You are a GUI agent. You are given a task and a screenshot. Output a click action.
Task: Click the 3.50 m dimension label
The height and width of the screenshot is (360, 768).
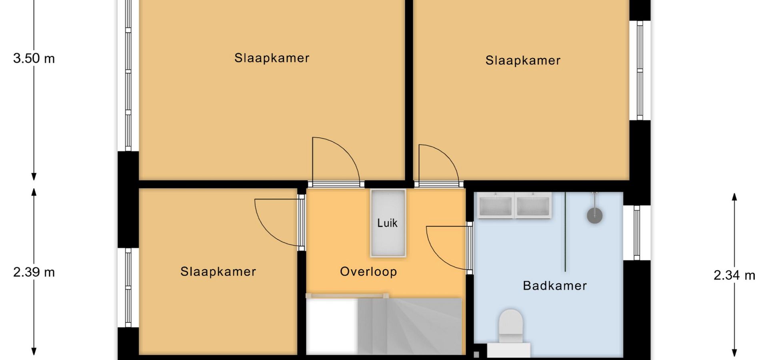coord(34,58)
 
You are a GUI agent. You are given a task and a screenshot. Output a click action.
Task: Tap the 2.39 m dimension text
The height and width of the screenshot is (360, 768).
coord(34,272)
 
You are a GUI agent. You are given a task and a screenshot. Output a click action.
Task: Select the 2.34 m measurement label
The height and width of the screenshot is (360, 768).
coord(734,275)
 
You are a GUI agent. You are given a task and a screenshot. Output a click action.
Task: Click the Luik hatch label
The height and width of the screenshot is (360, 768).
coord(387,223)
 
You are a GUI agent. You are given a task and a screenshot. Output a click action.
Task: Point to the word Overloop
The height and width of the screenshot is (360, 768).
coord(368,272)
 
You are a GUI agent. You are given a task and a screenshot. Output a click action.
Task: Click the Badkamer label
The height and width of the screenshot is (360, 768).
coord(555,286)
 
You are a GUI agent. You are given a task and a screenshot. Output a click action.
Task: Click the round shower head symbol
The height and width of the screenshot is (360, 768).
coord(595,215)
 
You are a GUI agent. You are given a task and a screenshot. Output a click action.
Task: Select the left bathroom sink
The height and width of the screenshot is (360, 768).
coord(496,205)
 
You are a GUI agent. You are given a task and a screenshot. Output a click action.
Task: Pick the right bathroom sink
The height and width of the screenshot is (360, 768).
coord(533,205)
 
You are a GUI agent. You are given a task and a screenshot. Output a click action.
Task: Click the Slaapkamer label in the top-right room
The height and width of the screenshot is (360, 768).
coord(523,60)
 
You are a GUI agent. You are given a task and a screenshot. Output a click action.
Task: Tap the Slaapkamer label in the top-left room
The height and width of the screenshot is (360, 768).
coord(272,58)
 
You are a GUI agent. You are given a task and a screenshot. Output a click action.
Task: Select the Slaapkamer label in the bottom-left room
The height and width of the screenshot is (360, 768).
coord(218,272)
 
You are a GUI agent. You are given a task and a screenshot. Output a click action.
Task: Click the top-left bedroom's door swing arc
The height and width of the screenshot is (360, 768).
coord(347,152)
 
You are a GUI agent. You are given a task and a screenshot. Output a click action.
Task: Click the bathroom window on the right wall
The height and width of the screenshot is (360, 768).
coord(637,232)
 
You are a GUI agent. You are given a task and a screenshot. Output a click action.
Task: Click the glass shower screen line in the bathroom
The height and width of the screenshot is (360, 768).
coord(565,232)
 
